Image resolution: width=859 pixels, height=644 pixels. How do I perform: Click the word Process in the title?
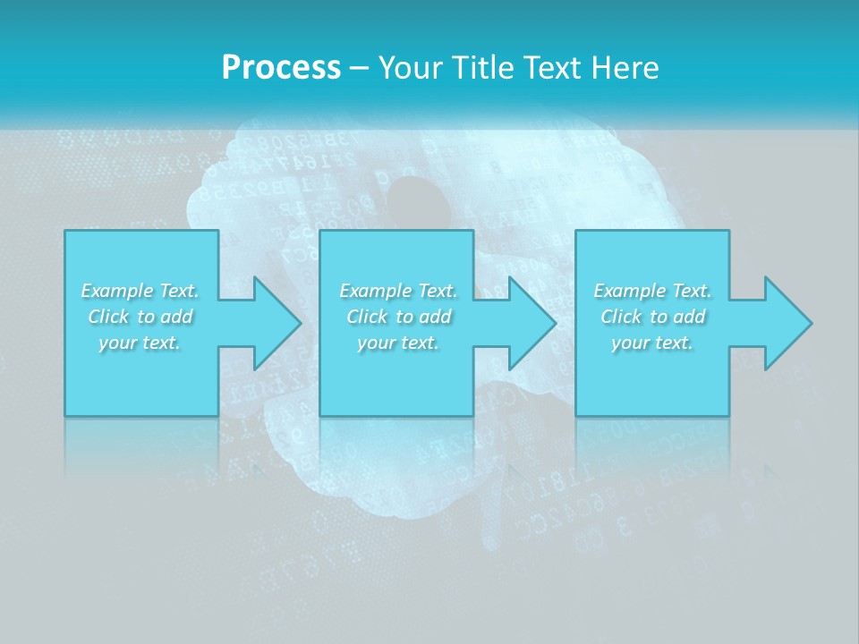[281, 68]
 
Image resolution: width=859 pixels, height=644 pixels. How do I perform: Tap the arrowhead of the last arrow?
[787, 323]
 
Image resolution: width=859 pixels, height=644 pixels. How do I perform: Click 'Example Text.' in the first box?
[140, 291]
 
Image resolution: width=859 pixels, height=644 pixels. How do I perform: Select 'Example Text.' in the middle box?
[398, 291]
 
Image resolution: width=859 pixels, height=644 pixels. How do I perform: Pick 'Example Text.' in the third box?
[652, 291]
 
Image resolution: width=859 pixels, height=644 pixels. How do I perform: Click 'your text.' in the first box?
[140, 343]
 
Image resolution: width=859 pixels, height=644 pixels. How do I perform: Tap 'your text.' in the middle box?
[398, 343]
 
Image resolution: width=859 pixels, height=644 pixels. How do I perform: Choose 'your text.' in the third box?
[652, 343]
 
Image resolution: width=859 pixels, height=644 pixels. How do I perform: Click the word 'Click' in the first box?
[108, 317]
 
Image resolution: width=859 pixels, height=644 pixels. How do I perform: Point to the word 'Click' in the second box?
[367, 317]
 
